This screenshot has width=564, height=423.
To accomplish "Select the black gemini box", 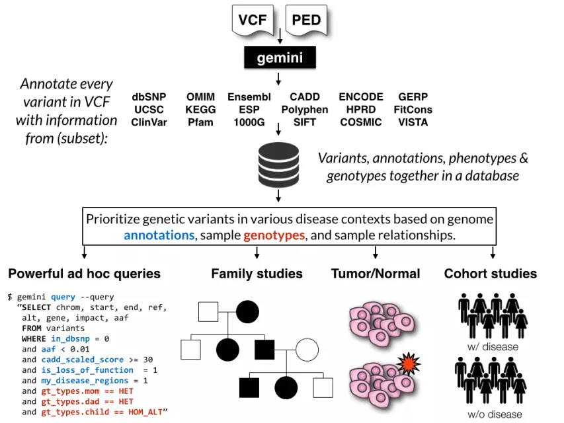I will pos(280,58).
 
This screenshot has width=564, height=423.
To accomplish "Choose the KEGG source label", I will pos(200,110).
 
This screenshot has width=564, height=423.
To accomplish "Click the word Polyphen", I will pos(305,110).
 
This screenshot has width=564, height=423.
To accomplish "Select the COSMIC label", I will pos(361,122).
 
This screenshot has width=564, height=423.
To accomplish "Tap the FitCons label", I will pos(413,110).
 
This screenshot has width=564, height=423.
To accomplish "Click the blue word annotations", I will pos(158,235).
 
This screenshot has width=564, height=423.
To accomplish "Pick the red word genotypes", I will pos(274,235).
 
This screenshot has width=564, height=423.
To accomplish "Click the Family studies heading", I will pos(257,274).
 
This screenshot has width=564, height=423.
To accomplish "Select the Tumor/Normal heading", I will pos(376,274).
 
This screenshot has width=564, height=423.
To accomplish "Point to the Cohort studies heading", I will pos(491,274).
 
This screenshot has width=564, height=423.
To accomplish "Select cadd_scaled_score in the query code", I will pos(81,360).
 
